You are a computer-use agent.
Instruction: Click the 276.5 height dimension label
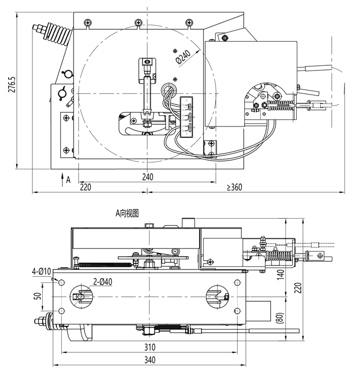[x=12, y=84]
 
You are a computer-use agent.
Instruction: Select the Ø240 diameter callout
[x=183, y=57]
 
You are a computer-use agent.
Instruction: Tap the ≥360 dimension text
[x=235, y=187]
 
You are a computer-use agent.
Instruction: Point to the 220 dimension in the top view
[x=85, y=187]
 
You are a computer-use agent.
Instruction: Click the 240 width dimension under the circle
[x=148, y=177]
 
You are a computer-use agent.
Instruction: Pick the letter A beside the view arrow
[x=68, y=180]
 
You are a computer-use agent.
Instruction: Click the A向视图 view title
[x=127, y=213]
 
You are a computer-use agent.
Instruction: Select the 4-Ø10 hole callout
[x=42, y=272]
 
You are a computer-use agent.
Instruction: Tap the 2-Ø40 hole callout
[x=102, y=281]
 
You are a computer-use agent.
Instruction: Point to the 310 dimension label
[x=150, y=347]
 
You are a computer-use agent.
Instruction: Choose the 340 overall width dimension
[x=150, y=360]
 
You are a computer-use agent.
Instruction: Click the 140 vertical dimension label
[x=280, y=274]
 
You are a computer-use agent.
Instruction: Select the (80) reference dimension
[x=280, y=318]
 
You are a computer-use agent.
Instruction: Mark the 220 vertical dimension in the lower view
[x=298, y=288]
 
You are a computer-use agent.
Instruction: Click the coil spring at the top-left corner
[x=57, y=33]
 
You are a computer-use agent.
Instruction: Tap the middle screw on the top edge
[x=138, y=23]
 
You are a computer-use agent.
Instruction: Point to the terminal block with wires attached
[x=187, y=117]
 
